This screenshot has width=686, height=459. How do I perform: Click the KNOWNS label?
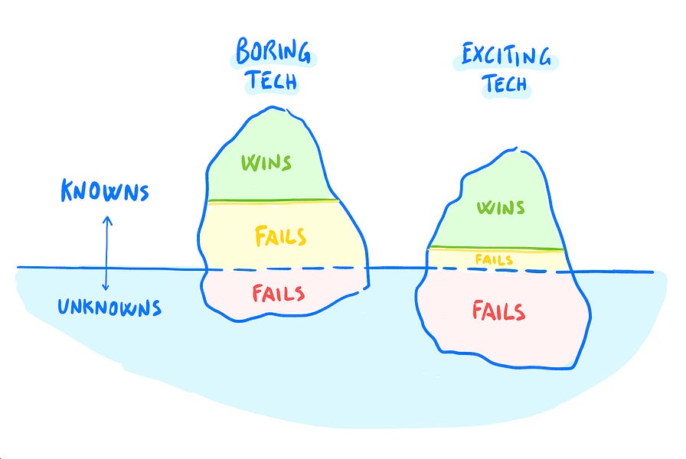pyautogui.click(x=105, y=192)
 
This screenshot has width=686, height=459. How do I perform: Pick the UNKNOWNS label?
pyautogui.click(x=110, y=308)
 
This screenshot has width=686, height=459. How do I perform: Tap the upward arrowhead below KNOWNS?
pyautogui.click(x=107, y=220)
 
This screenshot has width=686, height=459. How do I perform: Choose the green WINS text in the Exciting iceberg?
pyautogui.click(x=500, y=207)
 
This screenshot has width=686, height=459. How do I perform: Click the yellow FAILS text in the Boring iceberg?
pyautogui.click(x=280, y=236)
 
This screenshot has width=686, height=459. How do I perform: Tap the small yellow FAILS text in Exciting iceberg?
pyautogui.click(x=494, y=260)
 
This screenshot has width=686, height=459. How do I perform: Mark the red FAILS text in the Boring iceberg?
pyautogui.click(x=279, y=293)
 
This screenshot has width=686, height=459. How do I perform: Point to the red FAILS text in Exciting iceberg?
pyautogui.click(x=498, y=311)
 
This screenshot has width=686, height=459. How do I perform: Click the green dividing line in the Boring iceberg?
pyautogui.click(x=273, y=200)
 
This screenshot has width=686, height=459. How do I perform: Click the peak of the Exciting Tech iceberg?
pyautogui.click(x=514, y=150)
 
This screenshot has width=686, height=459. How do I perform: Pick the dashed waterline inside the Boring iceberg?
pyautogui.click(x=287, y=269)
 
